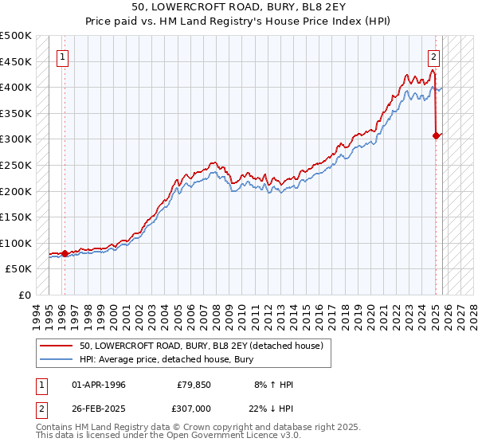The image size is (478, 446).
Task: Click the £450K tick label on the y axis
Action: (x=16, y=61)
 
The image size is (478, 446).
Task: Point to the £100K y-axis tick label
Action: (x=16, y=243)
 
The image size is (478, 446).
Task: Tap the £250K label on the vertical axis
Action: (x=16, y=165)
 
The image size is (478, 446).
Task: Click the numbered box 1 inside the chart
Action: (x=62, y=57)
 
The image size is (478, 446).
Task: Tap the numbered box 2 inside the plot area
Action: (x=434, y=57)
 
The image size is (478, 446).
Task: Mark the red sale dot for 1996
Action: (x=65, y=253)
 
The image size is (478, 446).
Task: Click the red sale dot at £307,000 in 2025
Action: (x=436, y=135)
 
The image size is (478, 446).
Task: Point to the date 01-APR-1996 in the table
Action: (x=99, y=385)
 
